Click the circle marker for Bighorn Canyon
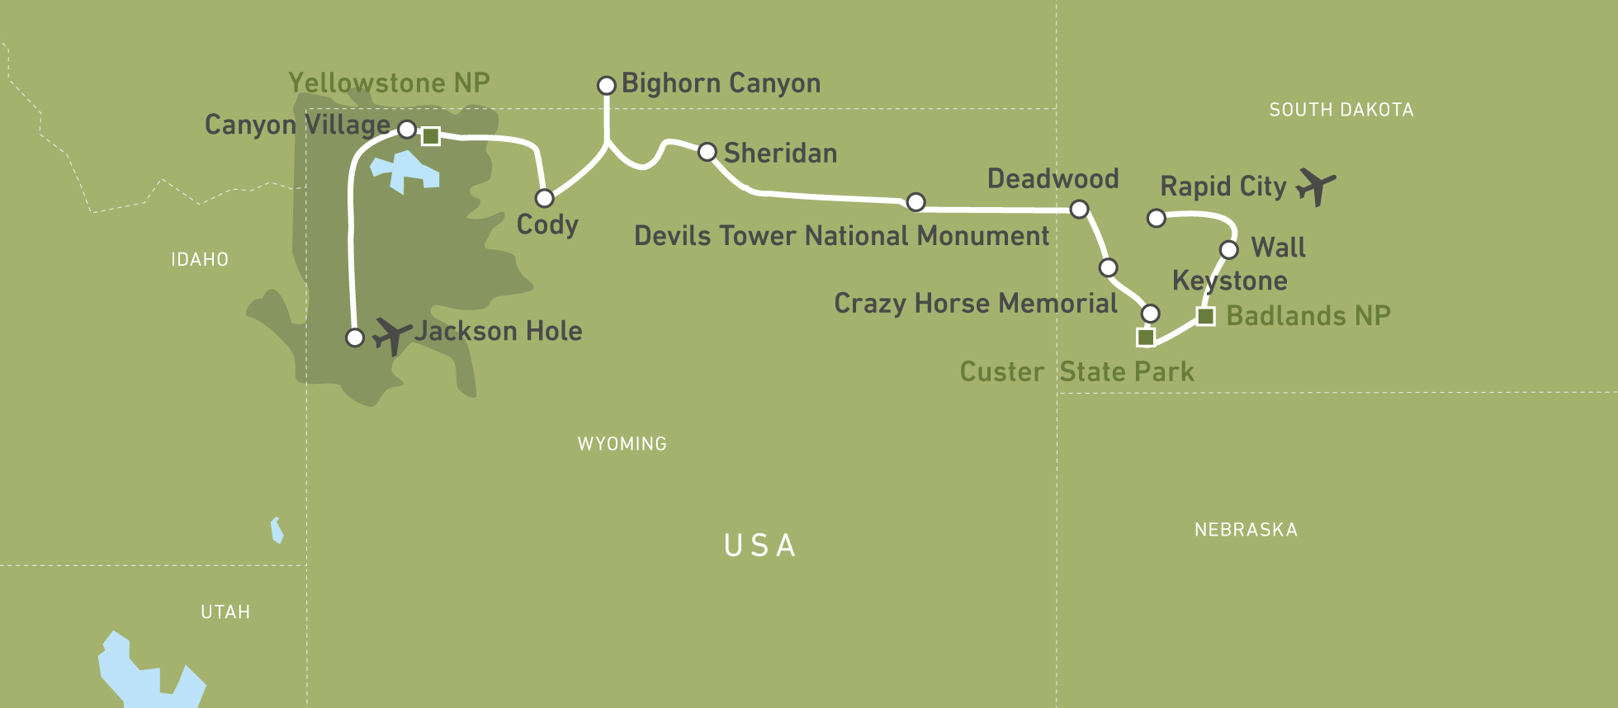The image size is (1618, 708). [607, 86]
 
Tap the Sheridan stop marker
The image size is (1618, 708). [707, 152]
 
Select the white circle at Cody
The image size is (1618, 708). [545, 198]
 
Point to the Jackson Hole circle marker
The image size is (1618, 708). [355, 337]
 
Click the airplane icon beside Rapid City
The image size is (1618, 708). [1316, 186]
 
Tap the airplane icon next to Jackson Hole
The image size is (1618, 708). [391, 334]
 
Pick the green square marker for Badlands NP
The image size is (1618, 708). [1206, 316]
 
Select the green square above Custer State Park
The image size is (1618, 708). [1146, 337]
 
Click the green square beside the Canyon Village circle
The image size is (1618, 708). [430, 136]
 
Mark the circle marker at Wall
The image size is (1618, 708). [1229, 249]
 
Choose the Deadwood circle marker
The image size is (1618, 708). [1079, 210]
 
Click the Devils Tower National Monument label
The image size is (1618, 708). [841, 236]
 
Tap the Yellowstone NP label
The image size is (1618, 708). [389, 83]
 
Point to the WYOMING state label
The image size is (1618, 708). [622, 444]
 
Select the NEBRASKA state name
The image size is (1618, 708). [1246, 530]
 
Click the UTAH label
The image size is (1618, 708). [225, 612]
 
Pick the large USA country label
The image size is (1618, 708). [760, 545]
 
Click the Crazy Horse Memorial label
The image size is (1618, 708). [976, 304]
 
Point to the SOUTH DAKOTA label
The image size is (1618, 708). [1341, 110]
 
